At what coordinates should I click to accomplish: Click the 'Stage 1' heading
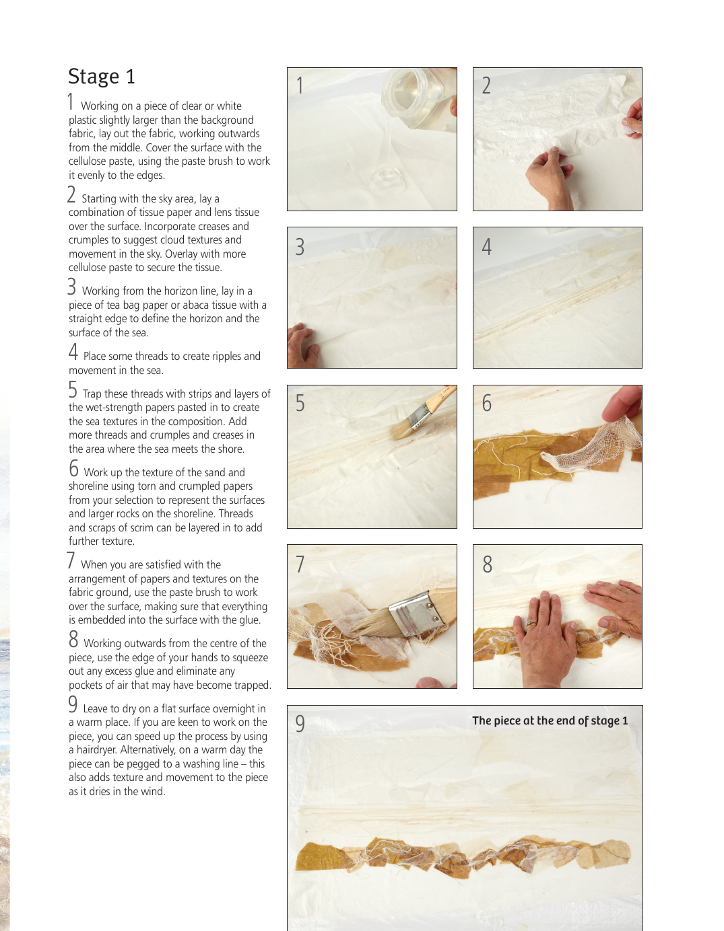[x=102, y=77]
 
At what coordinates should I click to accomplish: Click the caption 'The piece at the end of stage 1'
[x=550, y=720]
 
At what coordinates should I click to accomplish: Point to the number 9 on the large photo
[x=300, y=724]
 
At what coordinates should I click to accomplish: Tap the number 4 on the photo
[x=486, y=247]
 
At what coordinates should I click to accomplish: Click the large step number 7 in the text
[x=71, y=560]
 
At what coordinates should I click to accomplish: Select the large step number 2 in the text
[x=71, y=194]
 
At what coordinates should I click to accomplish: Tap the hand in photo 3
[x=303, y=345]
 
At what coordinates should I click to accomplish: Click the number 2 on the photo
[x=486, y=85]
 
